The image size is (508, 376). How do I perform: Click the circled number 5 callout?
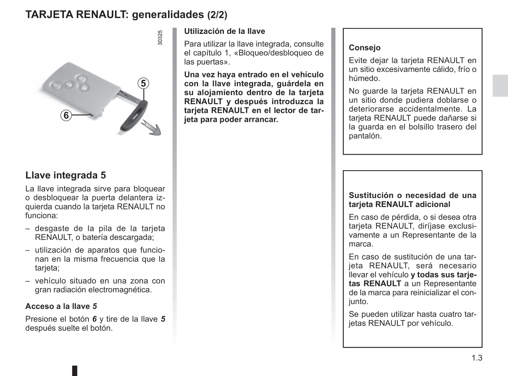click(143, 84)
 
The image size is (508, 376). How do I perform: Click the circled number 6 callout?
click(66, 115)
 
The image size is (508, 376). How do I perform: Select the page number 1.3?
click(477, 358)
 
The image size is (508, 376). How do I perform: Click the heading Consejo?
click(364, 48)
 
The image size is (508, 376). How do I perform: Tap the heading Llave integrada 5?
click(65, 175)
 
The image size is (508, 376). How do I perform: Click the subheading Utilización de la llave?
click(224, 31)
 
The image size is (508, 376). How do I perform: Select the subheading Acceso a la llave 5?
click(61, 306)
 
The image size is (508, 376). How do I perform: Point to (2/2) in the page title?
click(217, 15)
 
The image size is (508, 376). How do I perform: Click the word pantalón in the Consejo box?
click(365, 136)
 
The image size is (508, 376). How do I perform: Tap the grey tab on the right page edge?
click(500, 85)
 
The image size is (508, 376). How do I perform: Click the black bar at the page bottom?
click(75, 371)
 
